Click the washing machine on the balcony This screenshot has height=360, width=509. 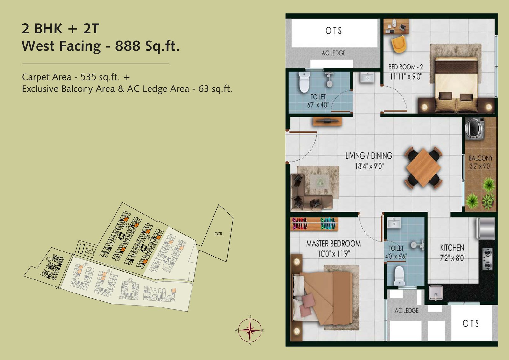pyautogui.click(x=474, y=129)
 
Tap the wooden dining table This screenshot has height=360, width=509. pyautogui.click(x=423, y=167)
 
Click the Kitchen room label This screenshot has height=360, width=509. pyautogui.click(x=452, y=248)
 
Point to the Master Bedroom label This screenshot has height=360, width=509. pyautogui.click(x=333, y=244)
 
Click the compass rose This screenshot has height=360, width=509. pyautogui.click(x=250, y=330)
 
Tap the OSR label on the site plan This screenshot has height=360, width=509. pyautogui.click(x=218, y=234)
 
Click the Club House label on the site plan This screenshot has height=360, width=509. pyautogui.click(x=90, y=251)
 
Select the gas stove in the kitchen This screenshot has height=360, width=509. pyautogui.click(x=487, y=259)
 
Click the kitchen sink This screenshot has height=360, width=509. pyautogui.click(x=436, y=292)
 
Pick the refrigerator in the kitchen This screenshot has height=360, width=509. pyautogui.click(x=485, y=228)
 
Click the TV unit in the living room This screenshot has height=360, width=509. pyautogui.click(x=327, y=121)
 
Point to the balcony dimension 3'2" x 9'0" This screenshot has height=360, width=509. pyautogui.click(x=480, y=166)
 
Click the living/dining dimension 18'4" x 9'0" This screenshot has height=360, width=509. pyautogui.click(x=369, y=166)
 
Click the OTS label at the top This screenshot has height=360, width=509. pyautogui.click(x=333, y=31)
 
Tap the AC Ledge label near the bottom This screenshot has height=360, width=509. pyautogui.click(x=407, y=310)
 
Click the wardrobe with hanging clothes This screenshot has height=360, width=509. pyautogui.click(x=314, y=224)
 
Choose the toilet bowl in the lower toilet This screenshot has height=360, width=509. pyautogui.click(x=399, y=275)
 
